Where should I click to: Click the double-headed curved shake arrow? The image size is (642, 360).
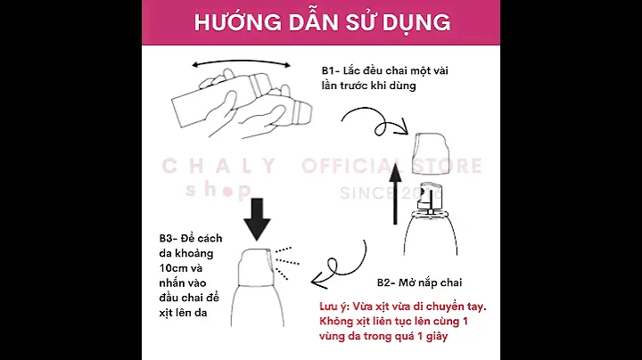(x=241, y=62)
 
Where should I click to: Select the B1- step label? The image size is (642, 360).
(x=331, y=70)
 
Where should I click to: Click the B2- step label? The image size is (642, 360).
(x=386, y=282)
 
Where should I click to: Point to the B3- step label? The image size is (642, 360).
(x=169, y=239)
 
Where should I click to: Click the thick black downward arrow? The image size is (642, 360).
(x=257, y=219)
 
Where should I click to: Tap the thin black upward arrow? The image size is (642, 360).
(x=395, y=193)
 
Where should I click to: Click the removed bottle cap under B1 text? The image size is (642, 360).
(x=432, y=153)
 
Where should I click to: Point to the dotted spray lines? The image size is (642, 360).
(x=286, y=263)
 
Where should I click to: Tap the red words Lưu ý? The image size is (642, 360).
(x=334, y=307)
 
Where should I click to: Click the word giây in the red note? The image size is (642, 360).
(x=436, y=337)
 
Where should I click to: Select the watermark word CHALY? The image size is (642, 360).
(x=219, y=166)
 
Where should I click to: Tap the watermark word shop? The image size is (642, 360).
(x=218, y=190)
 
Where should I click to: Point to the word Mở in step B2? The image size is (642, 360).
(x=407, y=282)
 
